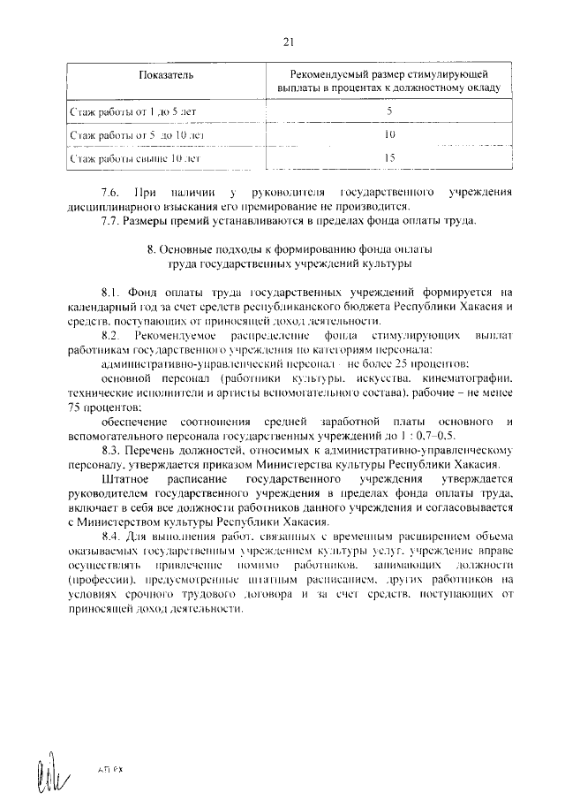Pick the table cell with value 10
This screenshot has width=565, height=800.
pyautogui.click(x=389, y=135)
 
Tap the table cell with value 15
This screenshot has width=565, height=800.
pyautogui.click(x=389, y=158)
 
